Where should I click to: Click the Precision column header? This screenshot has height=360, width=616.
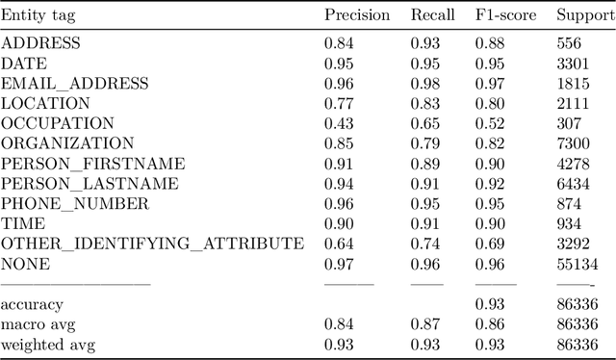pos(357,15)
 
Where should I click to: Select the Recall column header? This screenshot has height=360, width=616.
pos(432,15)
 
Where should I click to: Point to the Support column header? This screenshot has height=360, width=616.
pos(583,16)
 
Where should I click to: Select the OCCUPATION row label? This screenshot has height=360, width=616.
pos(58,123)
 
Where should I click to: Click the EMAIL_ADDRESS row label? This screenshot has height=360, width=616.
pos(75,84)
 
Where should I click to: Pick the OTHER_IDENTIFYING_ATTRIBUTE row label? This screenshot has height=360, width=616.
pos(153,244)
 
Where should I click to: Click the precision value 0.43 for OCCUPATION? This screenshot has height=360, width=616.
pos(340,123)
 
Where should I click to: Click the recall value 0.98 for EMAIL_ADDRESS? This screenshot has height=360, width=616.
pos(426,84)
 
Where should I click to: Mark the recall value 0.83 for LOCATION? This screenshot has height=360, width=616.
pos(426,103)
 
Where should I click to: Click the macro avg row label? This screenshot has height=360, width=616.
pos(36,324)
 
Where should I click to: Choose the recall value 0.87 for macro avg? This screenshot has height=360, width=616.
pos(426,324)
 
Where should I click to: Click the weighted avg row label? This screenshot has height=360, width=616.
pos(47,344)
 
